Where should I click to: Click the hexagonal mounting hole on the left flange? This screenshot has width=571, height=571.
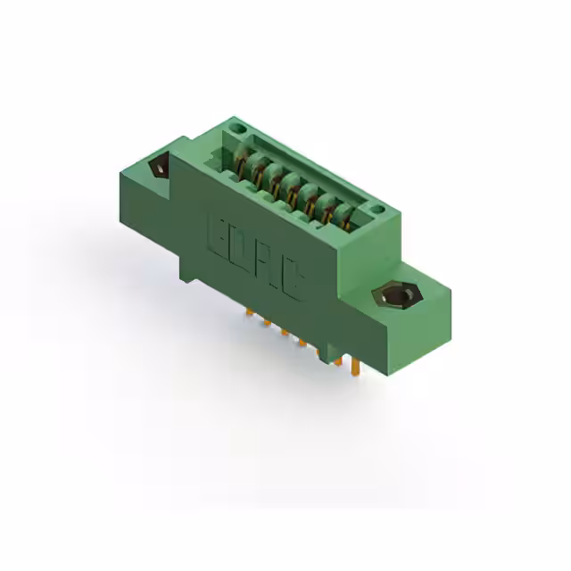(161, 167)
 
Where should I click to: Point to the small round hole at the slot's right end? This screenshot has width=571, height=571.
(378, 211)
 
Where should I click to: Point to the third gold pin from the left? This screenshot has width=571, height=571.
(284, 331)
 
